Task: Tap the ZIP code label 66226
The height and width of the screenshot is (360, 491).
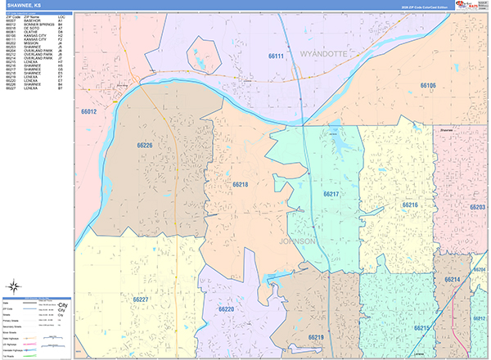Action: tap(145, 145)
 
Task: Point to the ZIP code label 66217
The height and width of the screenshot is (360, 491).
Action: tap(330, 194)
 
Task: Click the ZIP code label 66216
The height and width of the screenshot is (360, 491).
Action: tap(410, 205)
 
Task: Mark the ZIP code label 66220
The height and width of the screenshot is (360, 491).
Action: tap(226, 309)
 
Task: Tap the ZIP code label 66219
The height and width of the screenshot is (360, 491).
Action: tap(316, 337)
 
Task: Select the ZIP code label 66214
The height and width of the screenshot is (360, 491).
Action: tap(453, 280)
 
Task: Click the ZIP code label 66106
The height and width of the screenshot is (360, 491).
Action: tap(428, 85)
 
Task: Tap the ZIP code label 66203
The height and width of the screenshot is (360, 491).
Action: tap(478, 208)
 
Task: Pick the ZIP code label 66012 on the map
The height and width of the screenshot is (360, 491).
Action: tap(89, 111)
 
